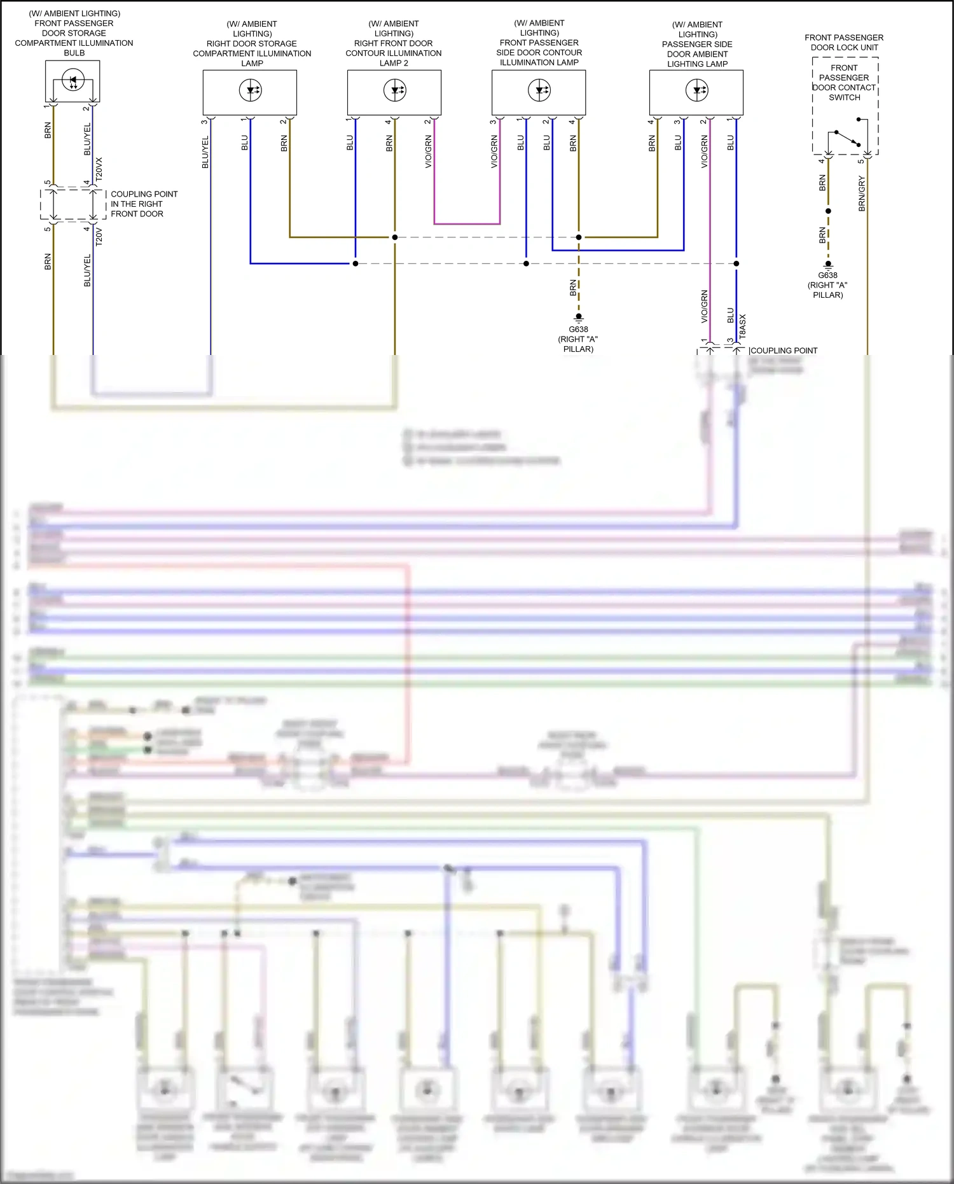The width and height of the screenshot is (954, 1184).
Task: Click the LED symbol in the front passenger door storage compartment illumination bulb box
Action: pos(73,81)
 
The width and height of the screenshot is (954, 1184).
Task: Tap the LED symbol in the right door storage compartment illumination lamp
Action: pos(251,90)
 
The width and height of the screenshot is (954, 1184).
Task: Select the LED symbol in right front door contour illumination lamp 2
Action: pos(395,90)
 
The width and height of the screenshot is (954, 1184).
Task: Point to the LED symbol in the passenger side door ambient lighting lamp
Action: pos(697,90)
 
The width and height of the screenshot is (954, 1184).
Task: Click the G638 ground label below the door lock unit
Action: pos(827,275)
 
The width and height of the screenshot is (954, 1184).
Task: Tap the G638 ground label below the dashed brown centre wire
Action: pos(578,330)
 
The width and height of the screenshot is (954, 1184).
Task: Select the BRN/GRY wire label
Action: pos(862,194)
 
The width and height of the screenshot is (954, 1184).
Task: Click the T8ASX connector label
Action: pos(742,326)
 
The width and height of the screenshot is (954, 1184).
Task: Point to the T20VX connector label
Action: pos(99,169)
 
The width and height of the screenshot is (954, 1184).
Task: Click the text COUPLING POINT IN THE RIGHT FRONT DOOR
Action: pos(144,204)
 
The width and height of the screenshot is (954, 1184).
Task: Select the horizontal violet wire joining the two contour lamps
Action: pos(467,224)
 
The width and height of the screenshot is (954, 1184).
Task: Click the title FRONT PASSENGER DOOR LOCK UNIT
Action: pos(844,43)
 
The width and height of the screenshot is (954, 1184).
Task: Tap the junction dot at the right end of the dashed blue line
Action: pos(736,263)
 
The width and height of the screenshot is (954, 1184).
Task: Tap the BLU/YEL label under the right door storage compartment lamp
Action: pos(205,152)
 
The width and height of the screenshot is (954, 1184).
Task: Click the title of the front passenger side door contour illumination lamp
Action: pos(539,43)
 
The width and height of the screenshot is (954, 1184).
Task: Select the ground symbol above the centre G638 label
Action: pos(578,317)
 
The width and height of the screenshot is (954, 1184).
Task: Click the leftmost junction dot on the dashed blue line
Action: pos(356,263)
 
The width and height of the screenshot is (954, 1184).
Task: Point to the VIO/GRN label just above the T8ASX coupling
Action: pos(704,306)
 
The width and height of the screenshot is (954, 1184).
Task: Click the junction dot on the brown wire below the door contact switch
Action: pos(828,211)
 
